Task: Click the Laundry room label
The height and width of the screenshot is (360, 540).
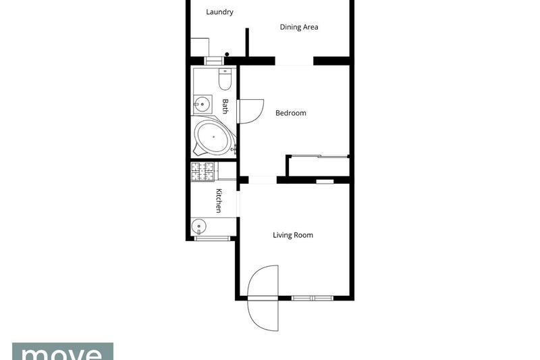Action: pos(219,12)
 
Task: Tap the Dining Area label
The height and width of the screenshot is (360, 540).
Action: pos(299,27)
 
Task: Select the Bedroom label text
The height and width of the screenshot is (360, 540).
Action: pos(291,113)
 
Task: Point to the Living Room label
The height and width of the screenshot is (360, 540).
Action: pos(293,235)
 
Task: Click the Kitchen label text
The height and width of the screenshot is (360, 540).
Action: pos(219,201)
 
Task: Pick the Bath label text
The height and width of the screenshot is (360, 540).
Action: pos(225,106)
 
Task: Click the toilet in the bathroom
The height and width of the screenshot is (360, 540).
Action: pos(225,79)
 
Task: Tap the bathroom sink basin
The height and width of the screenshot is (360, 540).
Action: pos(202,104)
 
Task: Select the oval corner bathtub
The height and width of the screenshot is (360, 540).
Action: pos(212,137)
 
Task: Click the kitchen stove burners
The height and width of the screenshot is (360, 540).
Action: pos(202,172)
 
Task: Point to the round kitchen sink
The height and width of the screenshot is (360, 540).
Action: pos(198,226)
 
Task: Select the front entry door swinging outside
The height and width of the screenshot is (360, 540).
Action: pos(263,315)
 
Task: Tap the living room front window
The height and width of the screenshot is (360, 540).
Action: pos(313,298)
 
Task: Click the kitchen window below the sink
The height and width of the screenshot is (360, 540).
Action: pos(212,238)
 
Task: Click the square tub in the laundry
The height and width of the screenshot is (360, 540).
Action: pos(200,47)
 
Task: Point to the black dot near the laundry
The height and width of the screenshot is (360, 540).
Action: pos(227,54)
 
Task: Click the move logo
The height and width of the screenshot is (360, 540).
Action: pos(63,351)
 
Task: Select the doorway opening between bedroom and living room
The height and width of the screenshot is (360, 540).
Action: pos(263,180)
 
